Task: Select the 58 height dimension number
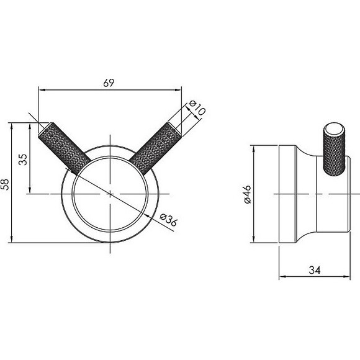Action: point(6,183)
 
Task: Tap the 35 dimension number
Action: point(24,159)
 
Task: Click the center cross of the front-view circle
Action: point(110,194)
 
